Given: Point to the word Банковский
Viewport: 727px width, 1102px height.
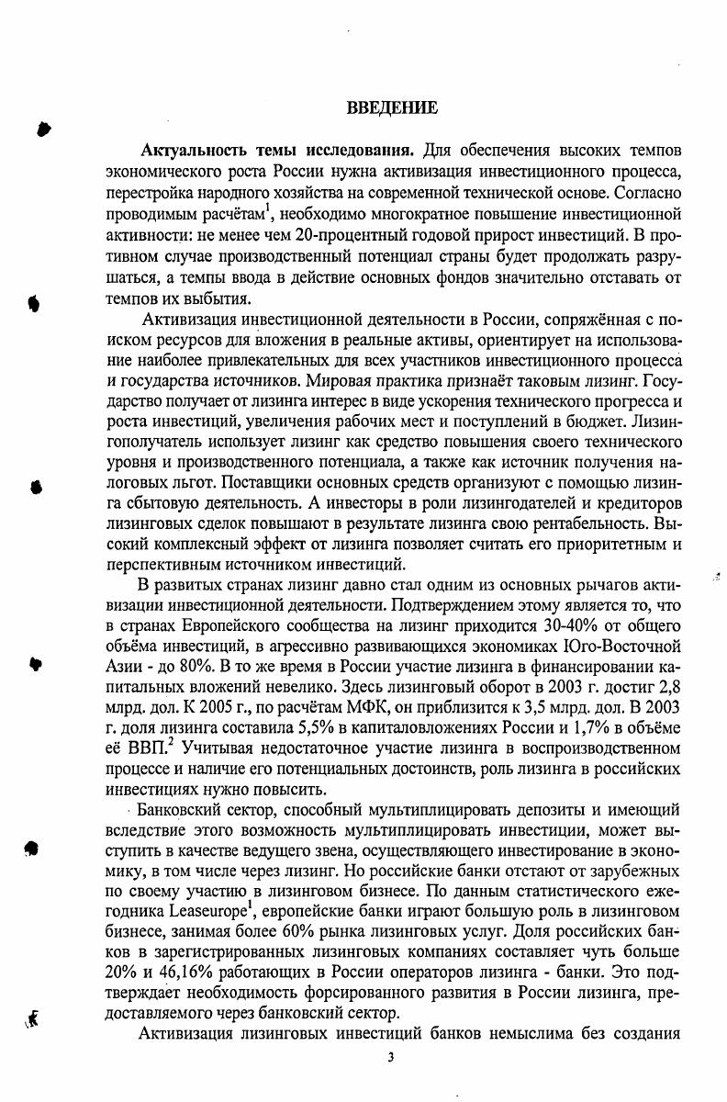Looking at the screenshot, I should (x=182, y=811).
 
